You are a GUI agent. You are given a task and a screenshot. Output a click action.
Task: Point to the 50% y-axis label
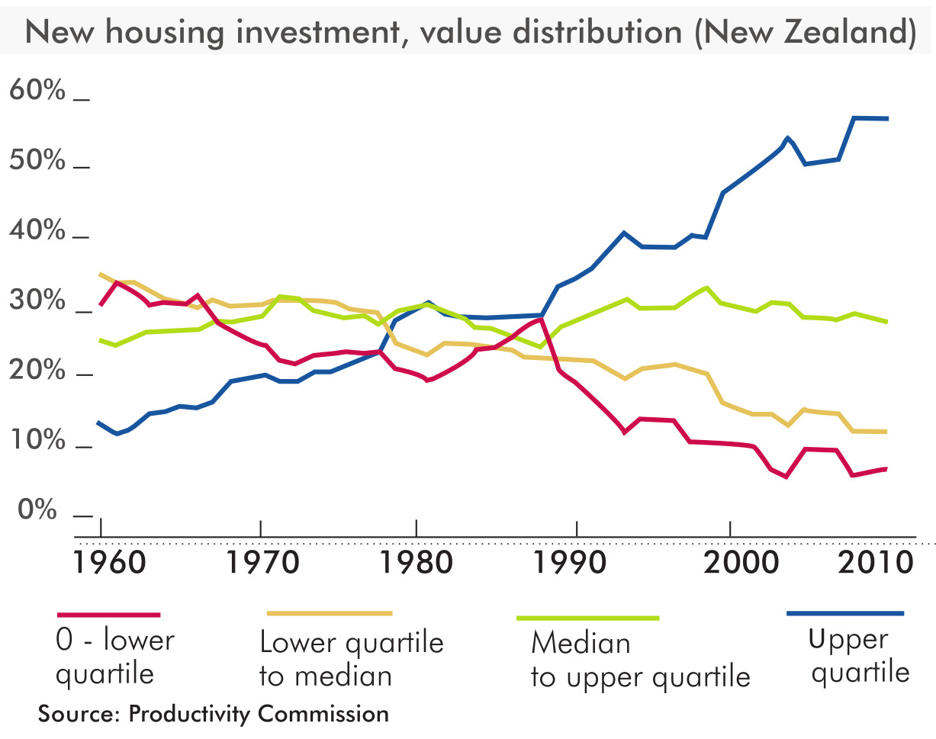coord(37,162)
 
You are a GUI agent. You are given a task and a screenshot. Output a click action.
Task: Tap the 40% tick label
coord(37,231)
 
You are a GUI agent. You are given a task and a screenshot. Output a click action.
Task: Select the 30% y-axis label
coord(37,301)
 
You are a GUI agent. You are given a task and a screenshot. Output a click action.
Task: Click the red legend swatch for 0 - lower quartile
coord(109,614)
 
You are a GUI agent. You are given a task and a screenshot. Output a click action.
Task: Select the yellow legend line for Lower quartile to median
coord(330,612)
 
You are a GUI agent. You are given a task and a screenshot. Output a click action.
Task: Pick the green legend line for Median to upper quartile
coord(587,617)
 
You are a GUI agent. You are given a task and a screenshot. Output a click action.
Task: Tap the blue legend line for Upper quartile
coord(845,612)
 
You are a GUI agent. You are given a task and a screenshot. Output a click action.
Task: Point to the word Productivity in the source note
coord(191,714)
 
